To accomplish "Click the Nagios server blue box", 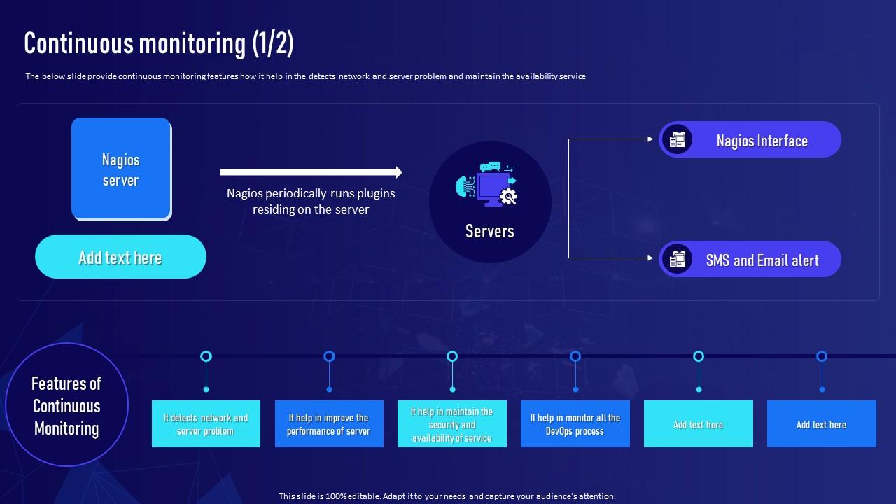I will point(121,169).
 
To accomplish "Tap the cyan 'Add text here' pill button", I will point(120,257).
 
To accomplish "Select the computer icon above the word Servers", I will point(489,184).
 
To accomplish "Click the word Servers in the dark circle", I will point(489,231).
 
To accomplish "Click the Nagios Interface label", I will point(762,141).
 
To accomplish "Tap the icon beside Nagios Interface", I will point(677,139).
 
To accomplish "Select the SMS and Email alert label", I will point(762,260).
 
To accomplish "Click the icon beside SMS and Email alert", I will point(677,259).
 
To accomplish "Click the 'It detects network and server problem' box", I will point(206,424).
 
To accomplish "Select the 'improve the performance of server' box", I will point(329,424).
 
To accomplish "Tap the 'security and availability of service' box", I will point(452,424).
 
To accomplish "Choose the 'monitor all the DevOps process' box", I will point(575,424).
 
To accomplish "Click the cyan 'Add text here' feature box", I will point(698,424).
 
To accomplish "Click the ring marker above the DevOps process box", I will point(575,356).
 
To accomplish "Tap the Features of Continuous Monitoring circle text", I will point(66,406).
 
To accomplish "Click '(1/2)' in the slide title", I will point(273,43).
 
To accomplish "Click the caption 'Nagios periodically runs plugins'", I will point(311,193).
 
